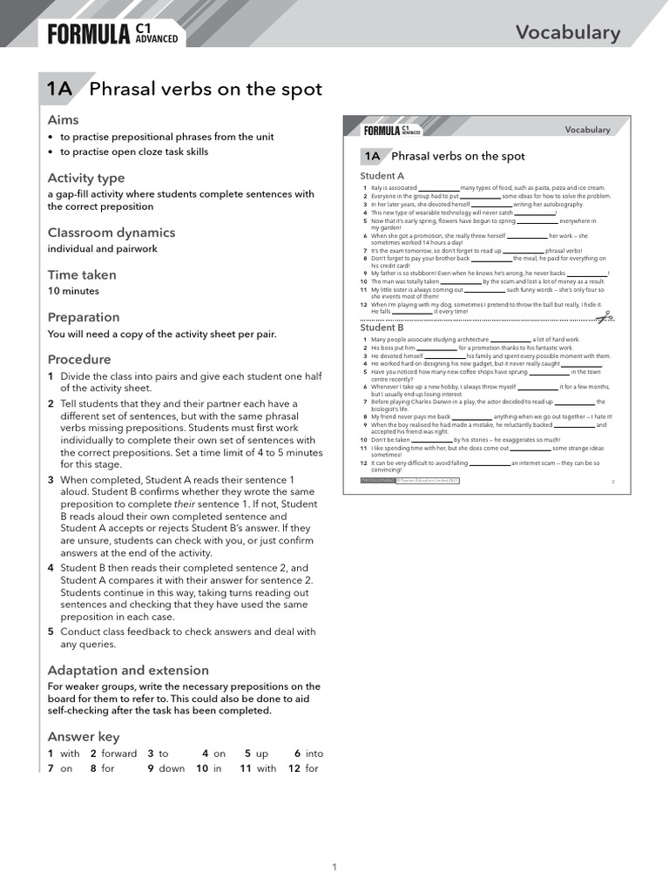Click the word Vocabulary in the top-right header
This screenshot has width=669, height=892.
coord(567,33)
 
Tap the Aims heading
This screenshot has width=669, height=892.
coord(63,119)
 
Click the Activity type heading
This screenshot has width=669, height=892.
coord(86,178)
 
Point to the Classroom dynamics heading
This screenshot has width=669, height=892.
coord(111,233)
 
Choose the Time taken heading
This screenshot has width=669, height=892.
coord(82,274)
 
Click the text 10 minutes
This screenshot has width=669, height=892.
coord(73,291)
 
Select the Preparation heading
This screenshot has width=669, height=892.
coord(84,317)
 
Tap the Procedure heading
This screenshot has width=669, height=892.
coord(79,359)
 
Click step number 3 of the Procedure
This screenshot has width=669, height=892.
coord(51,480)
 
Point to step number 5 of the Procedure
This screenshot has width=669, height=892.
coord(51,632)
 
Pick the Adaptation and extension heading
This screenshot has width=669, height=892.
coord(128,670)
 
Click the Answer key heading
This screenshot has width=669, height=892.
coord(84,736)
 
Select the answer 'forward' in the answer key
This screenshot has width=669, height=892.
coord(119,753)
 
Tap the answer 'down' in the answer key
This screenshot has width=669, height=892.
coord(172,768)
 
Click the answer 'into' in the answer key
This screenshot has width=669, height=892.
coord(314,753)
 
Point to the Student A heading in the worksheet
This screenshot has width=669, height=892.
coord(382,176)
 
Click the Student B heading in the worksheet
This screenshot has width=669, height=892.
coord(382,328)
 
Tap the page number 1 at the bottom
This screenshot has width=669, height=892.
coord(334,866)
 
